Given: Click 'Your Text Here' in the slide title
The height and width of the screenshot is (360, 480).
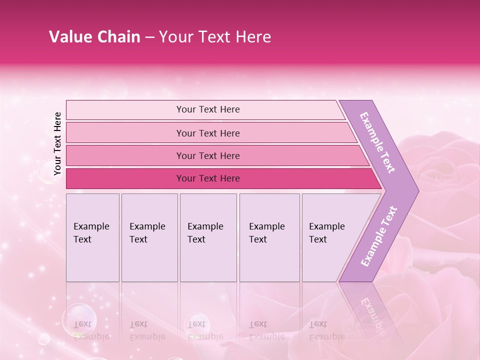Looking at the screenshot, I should (x=215, y=37).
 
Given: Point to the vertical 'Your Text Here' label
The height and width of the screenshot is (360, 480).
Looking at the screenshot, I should (x=57, y=143).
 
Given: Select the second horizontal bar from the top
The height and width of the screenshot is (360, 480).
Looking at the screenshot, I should (x=208, y=133).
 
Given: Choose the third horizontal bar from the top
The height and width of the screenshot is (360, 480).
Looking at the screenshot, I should (x=208, y=155).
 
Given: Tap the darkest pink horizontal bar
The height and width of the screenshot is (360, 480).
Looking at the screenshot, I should (x=208, y=178).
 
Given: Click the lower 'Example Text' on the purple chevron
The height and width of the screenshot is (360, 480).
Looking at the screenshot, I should (x=379, y=236).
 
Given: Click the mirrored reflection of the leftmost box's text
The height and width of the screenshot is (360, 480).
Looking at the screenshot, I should (x=91, y=330).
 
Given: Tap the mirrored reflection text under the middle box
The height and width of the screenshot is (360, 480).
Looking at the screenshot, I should (x=205, y=330).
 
